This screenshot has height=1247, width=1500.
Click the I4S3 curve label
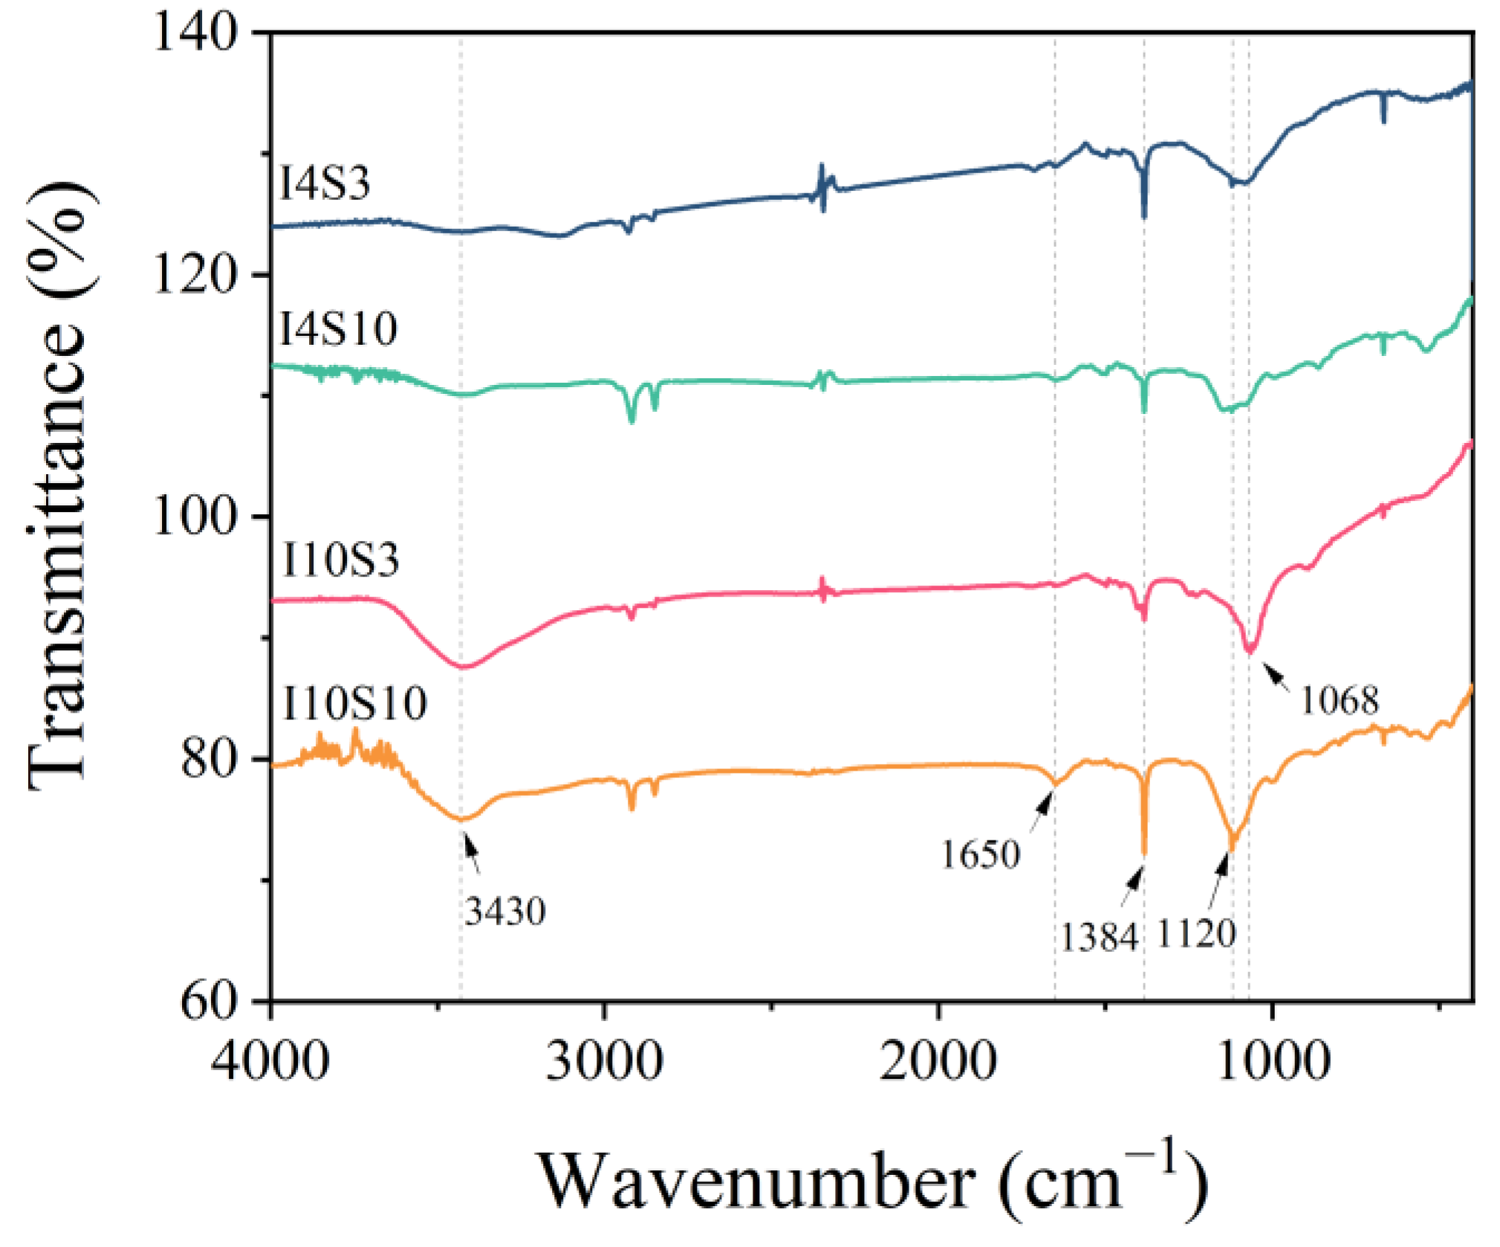[x=325, y=184]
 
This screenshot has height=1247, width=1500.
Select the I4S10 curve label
[x=339, y=328]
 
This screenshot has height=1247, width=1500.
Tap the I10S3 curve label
[x=341, y=560]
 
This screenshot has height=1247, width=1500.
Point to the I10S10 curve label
[x=354, y=704]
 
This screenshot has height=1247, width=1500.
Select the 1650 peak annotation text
[x=981, y=855]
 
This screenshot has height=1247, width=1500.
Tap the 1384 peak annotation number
[x=1099, y=938]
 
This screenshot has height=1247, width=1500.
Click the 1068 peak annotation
[x=1340, y=701]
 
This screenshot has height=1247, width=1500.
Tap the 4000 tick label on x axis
[x=270, y=1061]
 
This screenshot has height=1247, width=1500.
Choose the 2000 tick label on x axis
[x=938, y=1061]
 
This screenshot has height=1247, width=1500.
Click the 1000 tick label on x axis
[x=1273, y=1061]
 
